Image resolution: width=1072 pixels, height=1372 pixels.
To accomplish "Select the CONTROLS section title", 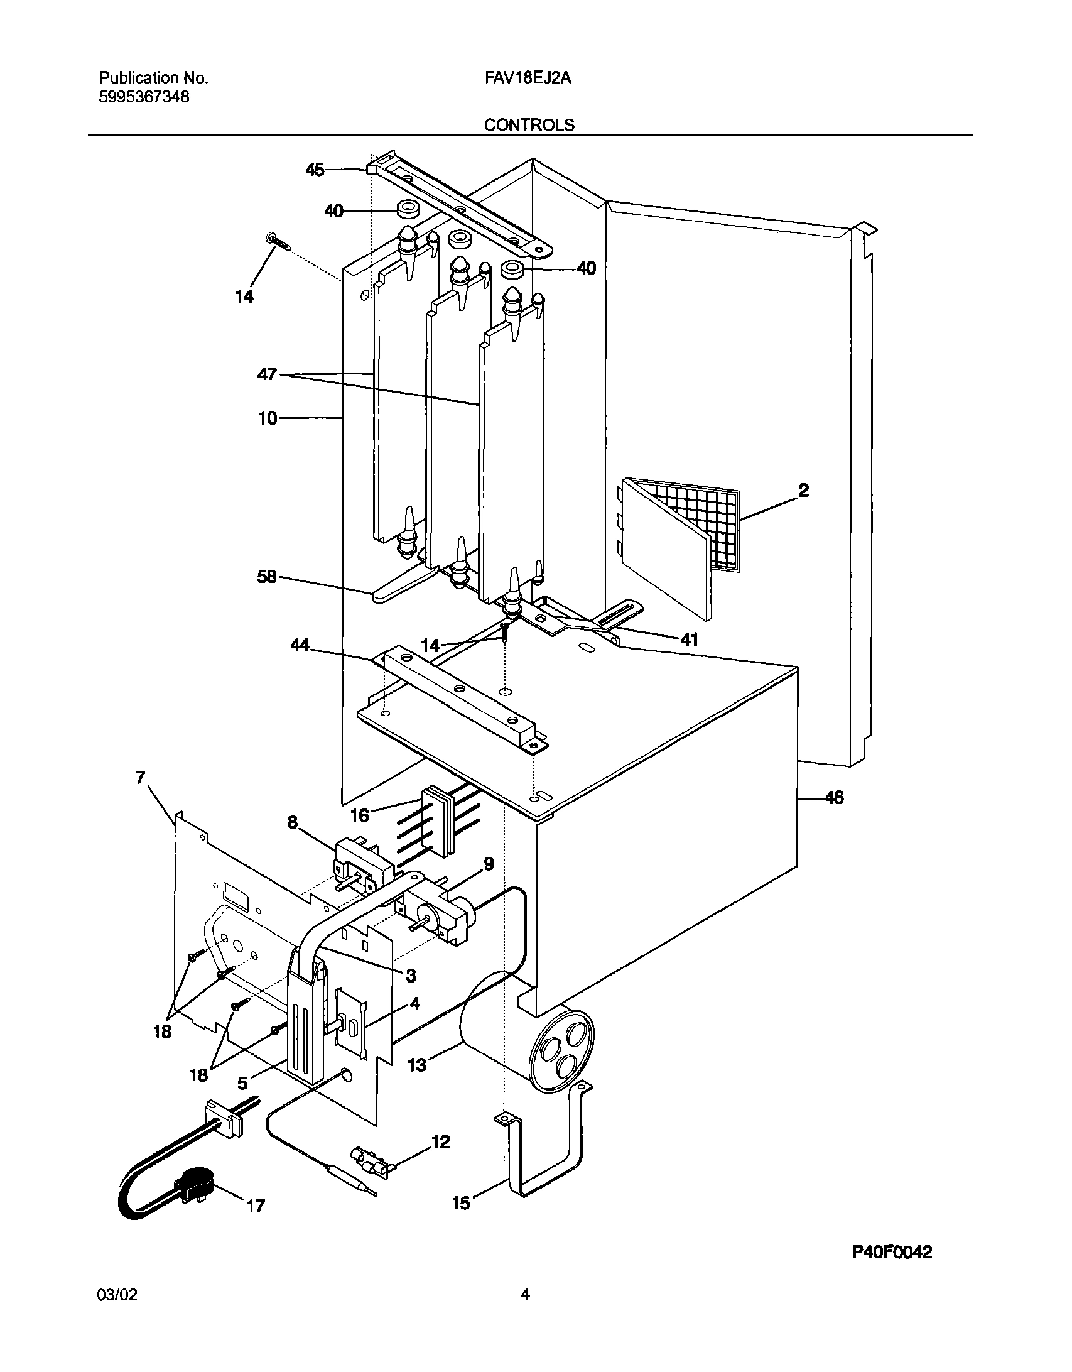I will tap(529, 125).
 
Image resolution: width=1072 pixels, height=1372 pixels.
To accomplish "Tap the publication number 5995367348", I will tap(144, 97).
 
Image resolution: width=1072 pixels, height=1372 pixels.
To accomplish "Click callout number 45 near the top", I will tap(315, 170).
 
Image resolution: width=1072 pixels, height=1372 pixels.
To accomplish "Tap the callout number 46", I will tap(833, 798).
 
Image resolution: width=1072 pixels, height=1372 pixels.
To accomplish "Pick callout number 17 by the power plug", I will tap(256, 1206).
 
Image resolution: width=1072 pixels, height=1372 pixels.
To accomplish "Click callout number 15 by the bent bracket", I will tap(461, 1202).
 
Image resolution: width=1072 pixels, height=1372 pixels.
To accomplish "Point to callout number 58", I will tap(267, 577).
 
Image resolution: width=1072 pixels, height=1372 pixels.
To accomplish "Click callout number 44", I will tap(300, 645).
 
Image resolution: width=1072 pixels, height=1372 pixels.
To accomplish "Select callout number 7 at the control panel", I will tap(140, 778).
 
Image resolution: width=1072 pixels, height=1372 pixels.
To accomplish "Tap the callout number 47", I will tap(267, 374).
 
